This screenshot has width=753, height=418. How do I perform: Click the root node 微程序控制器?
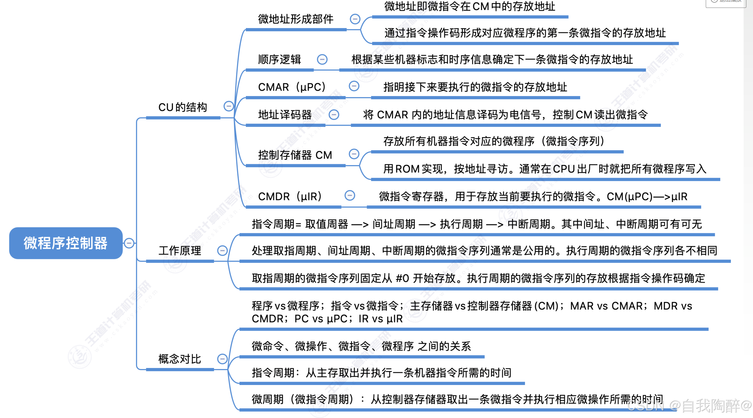point(66,243)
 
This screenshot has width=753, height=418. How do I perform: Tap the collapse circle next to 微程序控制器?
point(129,243)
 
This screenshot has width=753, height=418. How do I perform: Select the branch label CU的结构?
point(183,107)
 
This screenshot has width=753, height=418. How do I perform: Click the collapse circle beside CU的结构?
point(229,106)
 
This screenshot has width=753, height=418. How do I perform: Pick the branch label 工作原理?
point(180,250)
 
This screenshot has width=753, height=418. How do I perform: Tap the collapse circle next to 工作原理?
point(222,250)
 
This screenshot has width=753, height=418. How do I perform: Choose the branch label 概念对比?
point(180,359)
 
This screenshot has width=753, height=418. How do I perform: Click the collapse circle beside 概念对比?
point(222,359)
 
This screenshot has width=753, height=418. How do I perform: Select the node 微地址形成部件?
point(296,19)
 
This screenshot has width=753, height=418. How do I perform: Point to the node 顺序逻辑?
point(279,59)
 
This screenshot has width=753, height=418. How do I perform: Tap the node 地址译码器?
point(285,115)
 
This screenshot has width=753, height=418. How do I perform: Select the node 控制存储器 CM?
point(295,155)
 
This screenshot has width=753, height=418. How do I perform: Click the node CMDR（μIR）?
point(290,197)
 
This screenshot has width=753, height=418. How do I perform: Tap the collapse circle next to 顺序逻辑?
point(322,59)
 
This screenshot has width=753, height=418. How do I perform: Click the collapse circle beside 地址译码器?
point(334,115)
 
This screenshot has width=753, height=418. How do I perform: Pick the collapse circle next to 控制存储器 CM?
point(354,154)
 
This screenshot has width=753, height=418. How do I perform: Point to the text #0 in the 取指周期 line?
point(402,278)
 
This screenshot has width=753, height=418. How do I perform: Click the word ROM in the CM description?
point(407,169)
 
